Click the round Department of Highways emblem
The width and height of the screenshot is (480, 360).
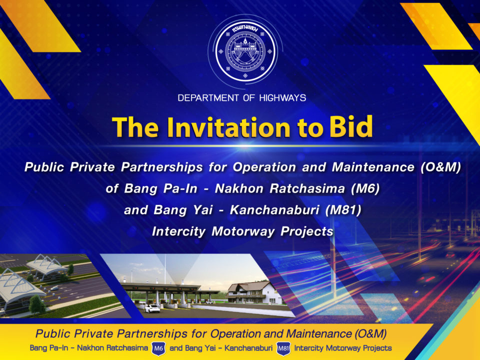click(245, 51)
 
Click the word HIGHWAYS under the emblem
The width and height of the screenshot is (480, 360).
click(282, 98)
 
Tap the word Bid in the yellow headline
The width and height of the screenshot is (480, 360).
click(351, 126)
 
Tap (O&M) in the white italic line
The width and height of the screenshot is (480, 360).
click(440, 167)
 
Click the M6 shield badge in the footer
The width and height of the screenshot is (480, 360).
click(158, 348)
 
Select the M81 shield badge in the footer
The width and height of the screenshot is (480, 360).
click(283, 348)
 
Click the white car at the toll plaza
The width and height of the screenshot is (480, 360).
click(152, 308)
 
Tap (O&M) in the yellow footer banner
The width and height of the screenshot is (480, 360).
click(370, 333)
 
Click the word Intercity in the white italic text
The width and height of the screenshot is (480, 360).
click(178, 231)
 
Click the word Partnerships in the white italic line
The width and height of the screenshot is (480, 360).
click(162, 167)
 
